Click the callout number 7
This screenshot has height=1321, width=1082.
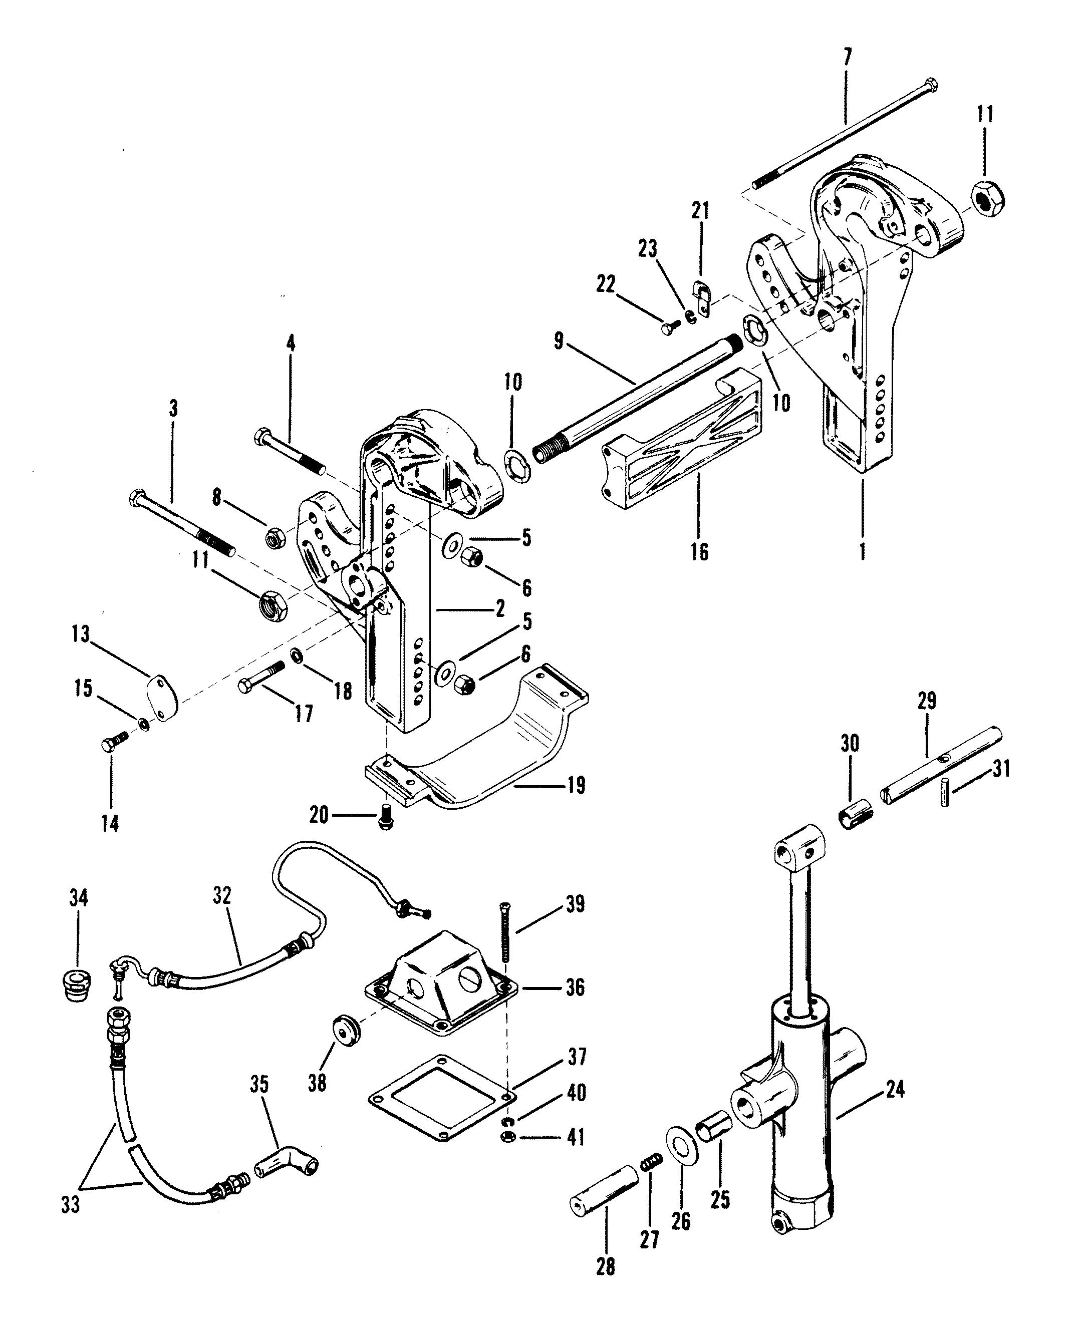pyautogui.click(x=847, y=58)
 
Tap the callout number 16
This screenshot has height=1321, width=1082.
pyautogui.click(x=700, y=551)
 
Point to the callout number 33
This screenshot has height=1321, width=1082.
pyautogui.click(x=71, y=1205)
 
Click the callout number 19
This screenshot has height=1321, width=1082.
pyautogui.click(x=577, y=785)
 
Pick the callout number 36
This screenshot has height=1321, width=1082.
pyautogui.click(x=574, y=987)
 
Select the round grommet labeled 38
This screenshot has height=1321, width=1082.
pyautogui.click(x=347, y=1030)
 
